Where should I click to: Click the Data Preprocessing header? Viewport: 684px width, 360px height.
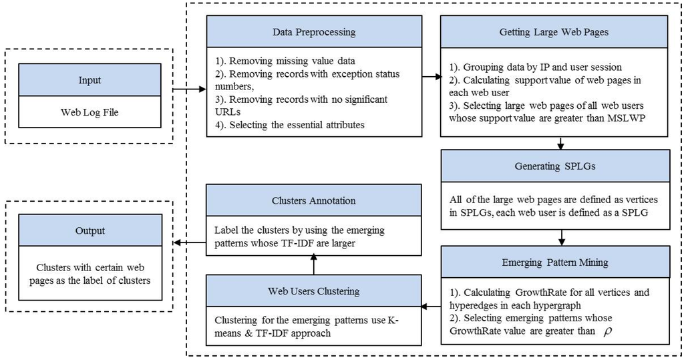[314, 31]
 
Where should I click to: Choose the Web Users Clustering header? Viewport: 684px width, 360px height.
[314, 291]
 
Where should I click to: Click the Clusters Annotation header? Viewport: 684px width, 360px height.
[314, 200]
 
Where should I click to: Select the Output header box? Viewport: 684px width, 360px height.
[90, 230]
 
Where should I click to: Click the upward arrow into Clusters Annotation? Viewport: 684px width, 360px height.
[314, 266]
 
